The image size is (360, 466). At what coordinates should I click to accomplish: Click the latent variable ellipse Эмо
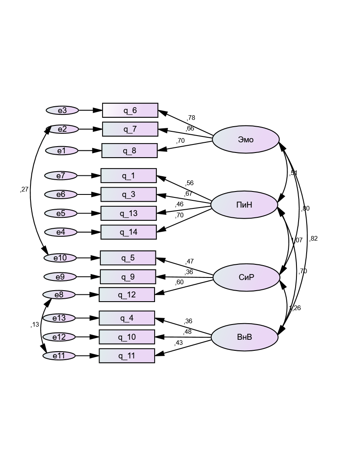(246, 139)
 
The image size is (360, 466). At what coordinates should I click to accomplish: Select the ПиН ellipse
(244, 205)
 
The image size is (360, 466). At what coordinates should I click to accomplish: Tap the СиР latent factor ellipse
(246, 277)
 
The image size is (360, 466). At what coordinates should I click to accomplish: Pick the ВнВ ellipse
(244, 337)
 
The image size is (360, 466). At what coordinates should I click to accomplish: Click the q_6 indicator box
(130, 111)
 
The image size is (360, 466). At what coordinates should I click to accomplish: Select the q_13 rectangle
(128, 213)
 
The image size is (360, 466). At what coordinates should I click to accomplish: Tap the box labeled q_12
(127, 294)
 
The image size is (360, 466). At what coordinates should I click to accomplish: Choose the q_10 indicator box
(127, 337)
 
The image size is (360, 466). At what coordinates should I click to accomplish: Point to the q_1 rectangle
(128, 176)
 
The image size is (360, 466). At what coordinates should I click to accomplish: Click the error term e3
(62, 111)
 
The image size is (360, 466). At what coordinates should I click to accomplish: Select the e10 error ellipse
(61, 258)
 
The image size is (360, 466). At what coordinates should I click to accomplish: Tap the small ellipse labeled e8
(59, 294)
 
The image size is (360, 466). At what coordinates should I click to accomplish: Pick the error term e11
(59, 356)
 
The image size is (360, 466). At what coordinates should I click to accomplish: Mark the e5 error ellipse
(61, 213)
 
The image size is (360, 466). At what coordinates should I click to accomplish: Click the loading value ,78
(191, 118)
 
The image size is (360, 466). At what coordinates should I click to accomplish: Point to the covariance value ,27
(24, 189)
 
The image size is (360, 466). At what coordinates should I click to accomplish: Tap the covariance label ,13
(34, 325)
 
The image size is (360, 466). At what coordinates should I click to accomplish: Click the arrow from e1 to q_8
(90, 150)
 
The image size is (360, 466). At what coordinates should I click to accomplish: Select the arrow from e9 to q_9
(88, 277)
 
